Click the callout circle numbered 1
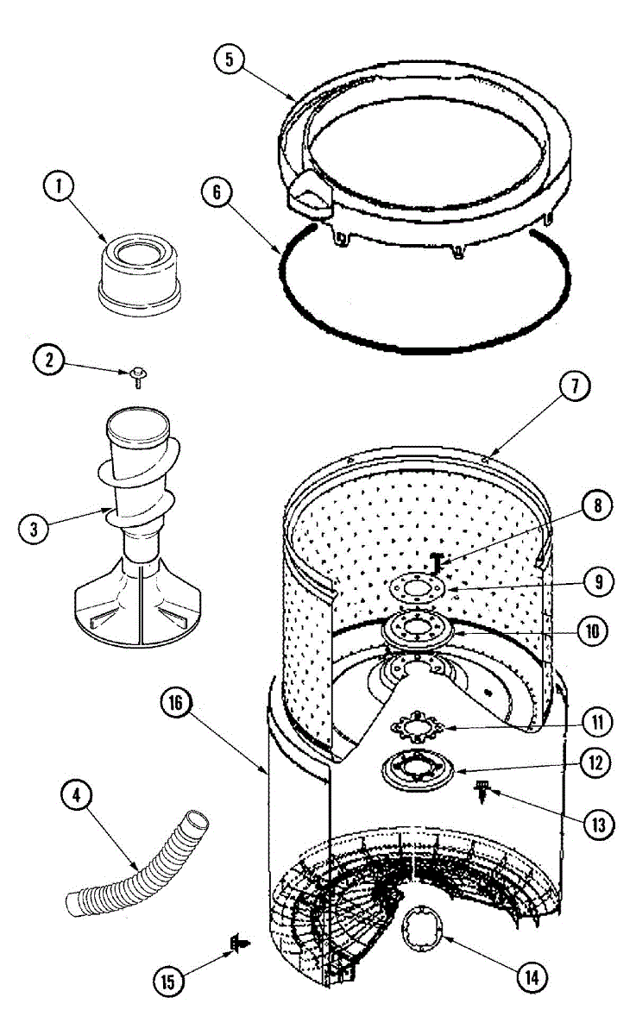(x=59, y=188)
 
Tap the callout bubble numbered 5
(x=230, y=60)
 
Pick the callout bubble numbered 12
(x=595, y=762)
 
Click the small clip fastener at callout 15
(x=235, y=946)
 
